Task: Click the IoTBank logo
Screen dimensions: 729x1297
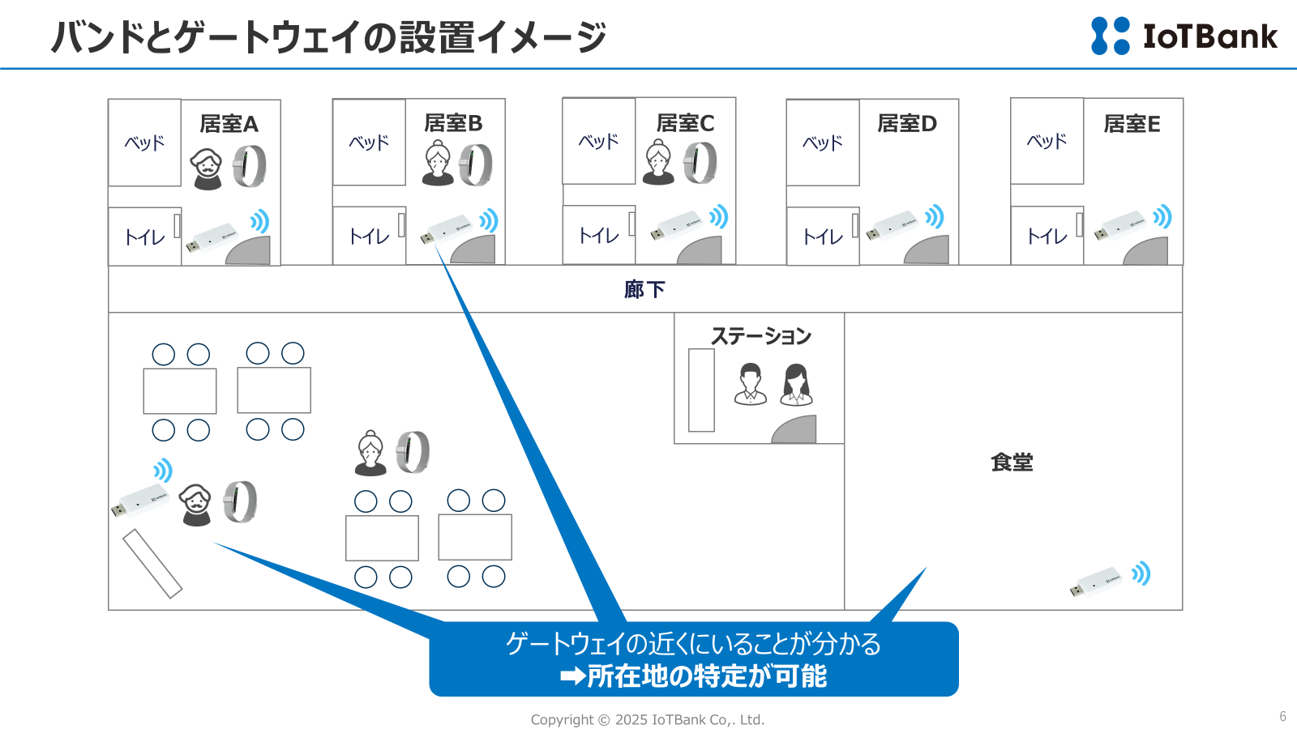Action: click(x=1184, y=36)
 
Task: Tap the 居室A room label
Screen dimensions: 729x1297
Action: click(x=229, y=124)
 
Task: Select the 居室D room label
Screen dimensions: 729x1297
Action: click(x=907, y=124)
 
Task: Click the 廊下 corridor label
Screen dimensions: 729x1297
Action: click(x=644, y=289)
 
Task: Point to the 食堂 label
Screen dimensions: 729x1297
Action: click(x=1012, y=463)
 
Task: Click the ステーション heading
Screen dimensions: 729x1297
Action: click(x=760, y=336)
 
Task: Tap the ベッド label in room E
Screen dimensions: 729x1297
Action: click(x=1047, y=142)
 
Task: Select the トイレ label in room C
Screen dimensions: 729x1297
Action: click(x=598, y=236)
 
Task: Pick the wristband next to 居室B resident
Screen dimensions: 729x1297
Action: click(x=476, y=164)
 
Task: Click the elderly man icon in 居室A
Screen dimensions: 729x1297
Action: click(x=207, y=168)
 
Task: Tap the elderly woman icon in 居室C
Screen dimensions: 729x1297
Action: click(x=658, y=162)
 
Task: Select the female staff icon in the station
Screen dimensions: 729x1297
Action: click(x=796, y=384)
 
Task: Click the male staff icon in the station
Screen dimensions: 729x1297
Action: click(x=751, y=384)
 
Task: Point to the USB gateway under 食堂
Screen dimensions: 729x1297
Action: click(x=1096, y=582)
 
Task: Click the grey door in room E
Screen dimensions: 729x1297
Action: click(x=1146, y=251)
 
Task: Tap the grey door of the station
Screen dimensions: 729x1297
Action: click(x=795, y=429)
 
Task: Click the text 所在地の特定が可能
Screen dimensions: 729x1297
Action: click(x=706, y=676)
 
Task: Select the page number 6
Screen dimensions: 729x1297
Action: click(x=1282, y=716)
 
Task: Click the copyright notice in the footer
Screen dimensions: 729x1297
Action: click(x=647, y=719)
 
